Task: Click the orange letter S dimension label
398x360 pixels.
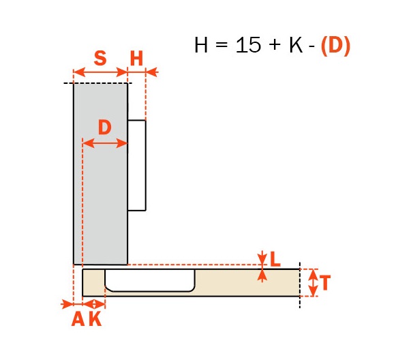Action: [100, 58]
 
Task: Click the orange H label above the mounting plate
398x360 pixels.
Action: [136, 59]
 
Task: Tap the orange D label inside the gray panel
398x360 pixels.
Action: [104, 127]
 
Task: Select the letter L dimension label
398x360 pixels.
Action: [275, 260]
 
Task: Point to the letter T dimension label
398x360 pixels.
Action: [324, 282]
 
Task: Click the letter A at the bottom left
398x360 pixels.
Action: [78, 319]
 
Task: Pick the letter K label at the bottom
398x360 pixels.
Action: [95, 319]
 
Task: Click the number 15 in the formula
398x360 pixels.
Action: [248, 45]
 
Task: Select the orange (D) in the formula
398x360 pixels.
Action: [335, 46]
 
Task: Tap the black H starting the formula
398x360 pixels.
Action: [201, 45]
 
